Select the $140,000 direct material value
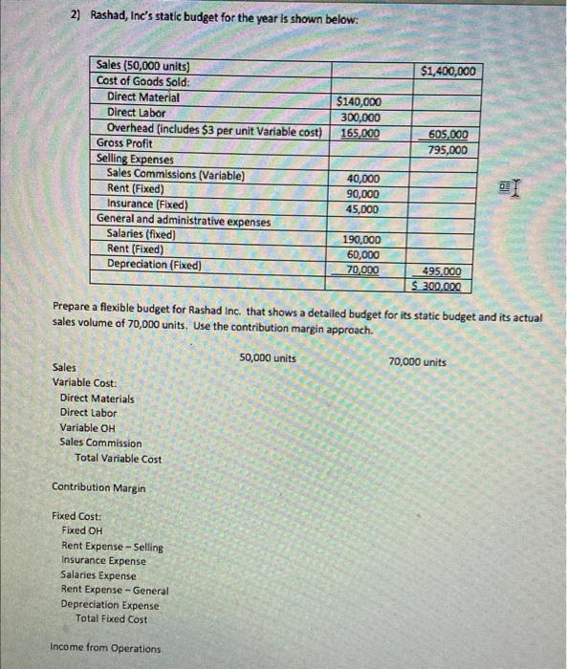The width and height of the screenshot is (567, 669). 360,102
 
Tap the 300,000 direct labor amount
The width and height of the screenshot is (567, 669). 360,117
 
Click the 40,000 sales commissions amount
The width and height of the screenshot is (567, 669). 362,179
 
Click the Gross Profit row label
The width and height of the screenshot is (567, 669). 124,142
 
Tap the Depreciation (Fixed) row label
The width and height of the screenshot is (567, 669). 154,264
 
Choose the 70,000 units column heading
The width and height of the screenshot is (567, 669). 417,362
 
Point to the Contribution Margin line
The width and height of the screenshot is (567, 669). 98,487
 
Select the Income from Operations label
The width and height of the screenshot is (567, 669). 105,648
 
